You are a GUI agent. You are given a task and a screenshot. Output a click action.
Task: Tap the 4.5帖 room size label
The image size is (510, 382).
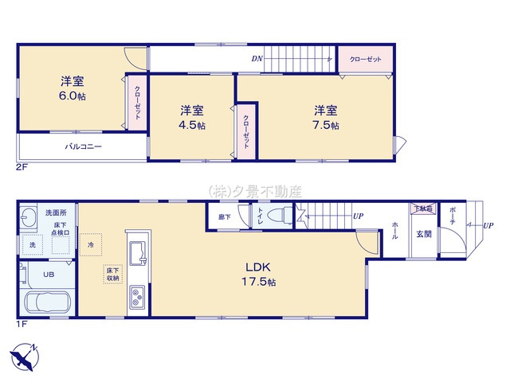tap(191, 125)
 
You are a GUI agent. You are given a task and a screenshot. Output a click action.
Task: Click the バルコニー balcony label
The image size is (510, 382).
tap(83, 146)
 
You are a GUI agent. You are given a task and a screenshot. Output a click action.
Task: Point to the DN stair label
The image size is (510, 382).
tap(257, 59)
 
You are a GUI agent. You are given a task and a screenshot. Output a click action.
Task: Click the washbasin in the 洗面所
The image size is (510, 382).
tap(29, 220)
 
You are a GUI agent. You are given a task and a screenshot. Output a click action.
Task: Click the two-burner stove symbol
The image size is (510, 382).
tap(136, 298)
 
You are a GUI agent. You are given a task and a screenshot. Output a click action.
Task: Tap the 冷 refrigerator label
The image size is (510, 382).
tap(91, 244)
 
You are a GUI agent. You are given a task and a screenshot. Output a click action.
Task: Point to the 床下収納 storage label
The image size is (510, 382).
tap(112, 275)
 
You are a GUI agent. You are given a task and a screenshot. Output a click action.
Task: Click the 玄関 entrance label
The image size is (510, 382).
tap(422, 234)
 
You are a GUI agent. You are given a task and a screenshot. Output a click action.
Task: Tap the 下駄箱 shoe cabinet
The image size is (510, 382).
tap(422, 209)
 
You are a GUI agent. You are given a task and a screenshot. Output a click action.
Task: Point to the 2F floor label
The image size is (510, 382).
tap(21, 169)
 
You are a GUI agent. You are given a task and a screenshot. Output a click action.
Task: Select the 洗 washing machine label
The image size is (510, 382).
tap(33, 244)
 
